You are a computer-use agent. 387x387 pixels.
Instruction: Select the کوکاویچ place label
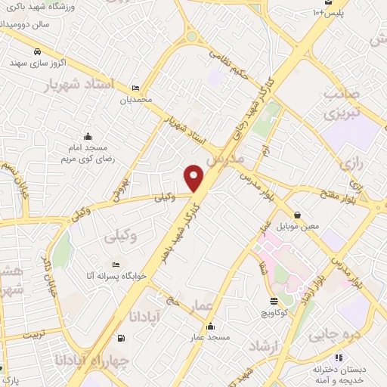click(x=274, y=312)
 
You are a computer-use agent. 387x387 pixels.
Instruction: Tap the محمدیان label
click(x=136, y=99)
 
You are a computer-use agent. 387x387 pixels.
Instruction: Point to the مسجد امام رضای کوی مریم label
click(x=88, y=154)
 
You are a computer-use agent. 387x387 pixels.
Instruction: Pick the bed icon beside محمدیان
click(x=136, y=88)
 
